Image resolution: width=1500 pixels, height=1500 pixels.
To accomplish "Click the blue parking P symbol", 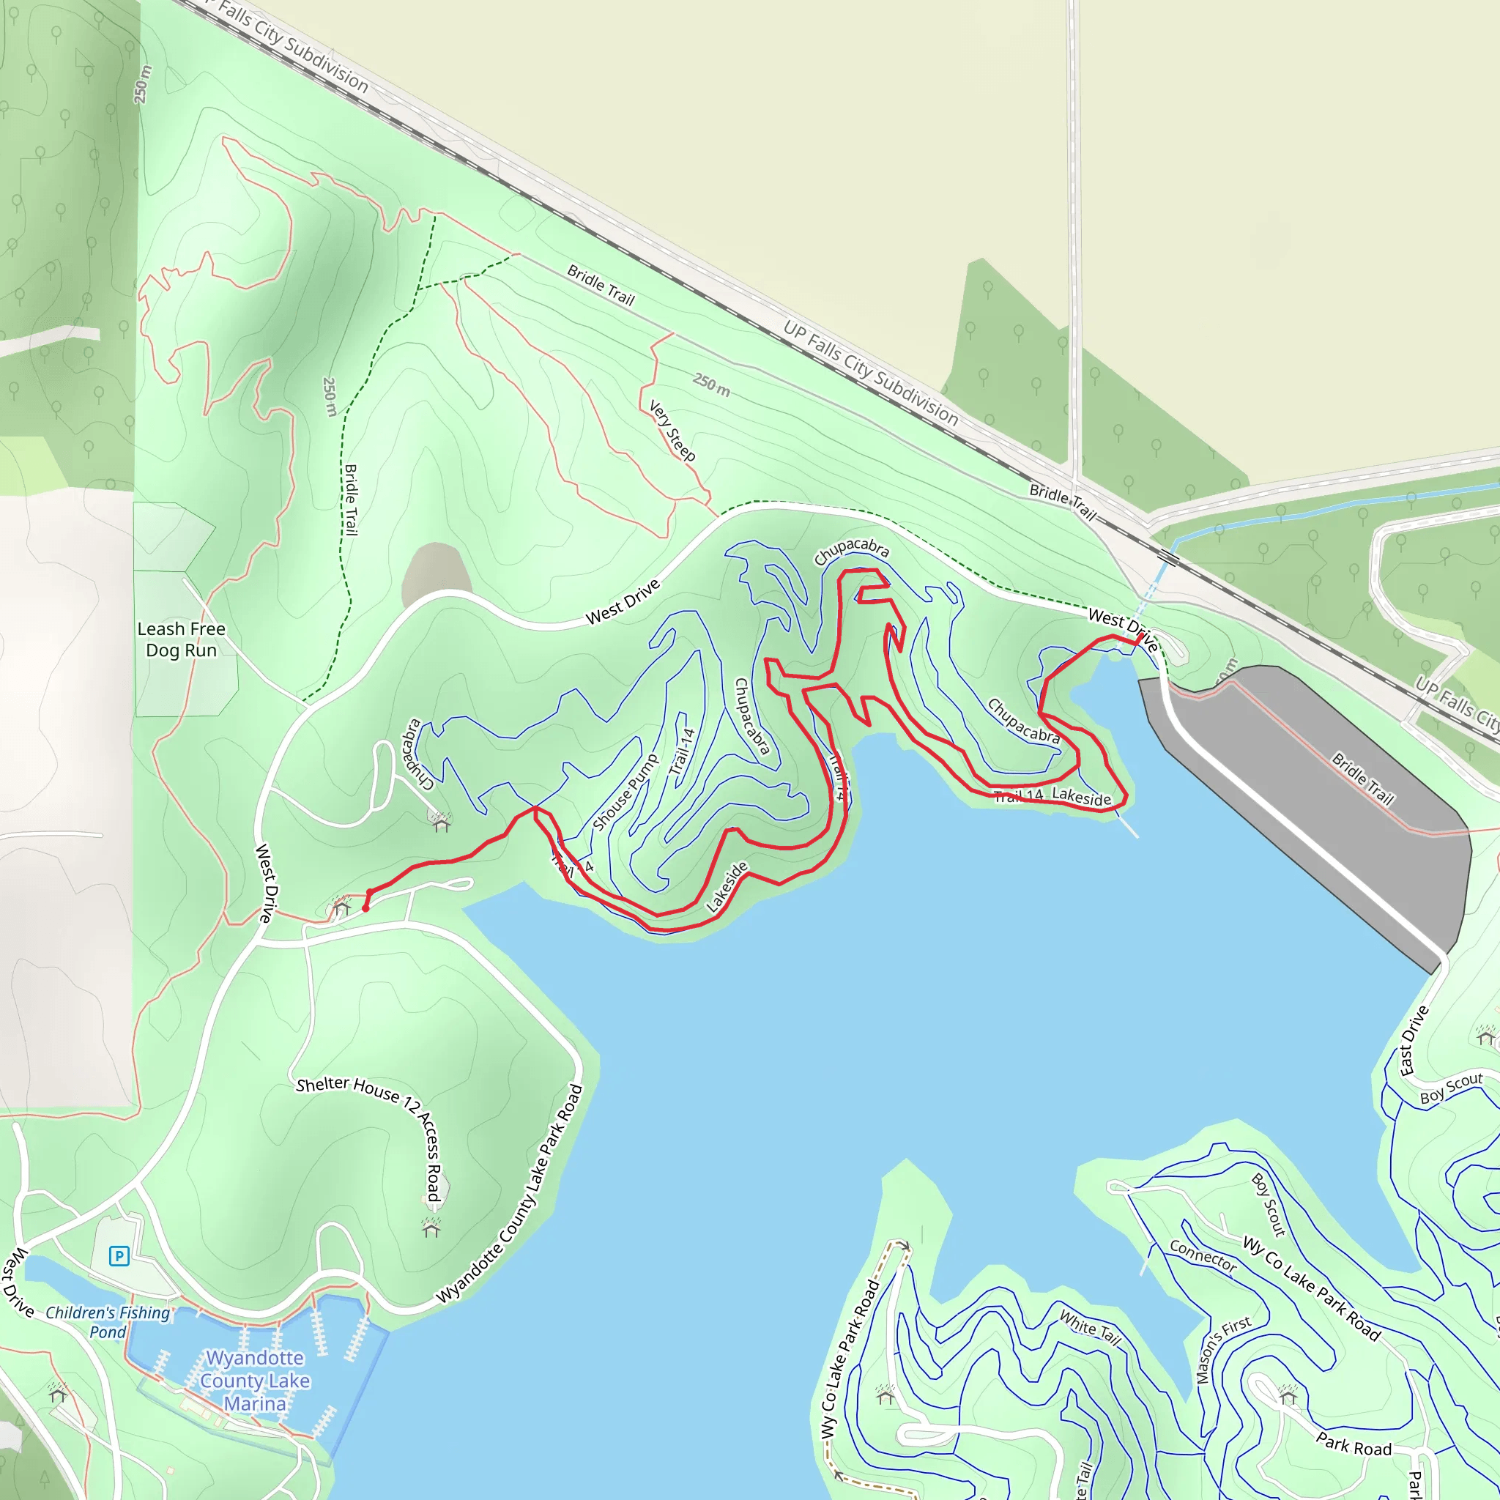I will point(119,1255).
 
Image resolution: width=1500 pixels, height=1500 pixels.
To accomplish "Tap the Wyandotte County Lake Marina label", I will point(255,1381).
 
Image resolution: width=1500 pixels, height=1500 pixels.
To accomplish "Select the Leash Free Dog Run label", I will point(181,639).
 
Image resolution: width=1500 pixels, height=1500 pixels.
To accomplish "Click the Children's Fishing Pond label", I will point(108,1322).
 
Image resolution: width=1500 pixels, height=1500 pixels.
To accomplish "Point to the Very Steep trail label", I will point(672,431).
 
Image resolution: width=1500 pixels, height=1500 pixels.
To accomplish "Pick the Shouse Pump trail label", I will point(624,792).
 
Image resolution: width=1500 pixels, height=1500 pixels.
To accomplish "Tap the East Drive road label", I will point(1413,1040).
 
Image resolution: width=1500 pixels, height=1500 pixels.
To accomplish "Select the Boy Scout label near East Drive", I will point(1451,1088).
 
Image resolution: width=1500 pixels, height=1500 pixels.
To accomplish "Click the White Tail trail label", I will point(1090,1328).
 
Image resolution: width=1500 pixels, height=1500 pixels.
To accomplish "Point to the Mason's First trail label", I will point(1222,1349).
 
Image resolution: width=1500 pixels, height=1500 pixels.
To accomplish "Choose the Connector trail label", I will point(1203,1256).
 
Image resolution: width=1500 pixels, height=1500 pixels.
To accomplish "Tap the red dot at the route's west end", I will point(365,907).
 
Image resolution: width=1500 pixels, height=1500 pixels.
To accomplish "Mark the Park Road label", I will point(1354,1444).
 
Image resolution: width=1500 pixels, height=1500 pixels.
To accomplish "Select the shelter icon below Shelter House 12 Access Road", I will point(431,1228).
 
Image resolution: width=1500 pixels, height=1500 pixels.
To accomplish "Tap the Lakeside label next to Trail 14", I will point(1081,796).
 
